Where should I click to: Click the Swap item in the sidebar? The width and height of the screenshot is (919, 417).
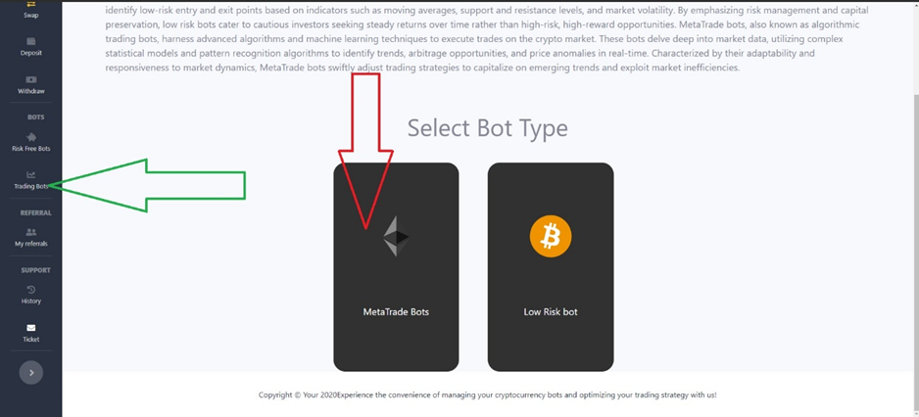click(x=31, y=10)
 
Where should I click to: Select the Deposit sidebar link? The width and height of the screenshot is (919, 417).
click(x=31, y=47)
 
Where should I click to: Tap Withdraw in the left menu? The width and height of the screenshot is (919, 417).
click(x=31, y=85)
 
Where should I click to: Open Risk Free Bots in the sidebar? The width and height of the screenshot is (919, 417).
click(x=31, y=142)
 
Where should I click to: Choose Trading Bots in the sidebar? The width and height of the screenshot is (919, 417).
click(x=31, y=180)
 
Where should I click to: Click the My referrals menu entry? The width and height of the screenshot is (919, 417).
click(x=31, y=237)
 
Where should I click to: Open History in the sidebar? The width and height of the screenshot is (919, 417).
click(x=31, y=295)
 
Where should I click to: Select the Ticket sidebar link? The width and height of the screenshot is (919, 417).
click(x=31, y=333)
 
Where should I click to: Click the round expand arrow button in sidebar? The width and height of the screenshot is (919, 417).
click(x=31, y=373)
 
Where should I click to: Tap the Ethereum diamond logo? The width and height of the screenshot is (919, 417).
click(x=396, y=237)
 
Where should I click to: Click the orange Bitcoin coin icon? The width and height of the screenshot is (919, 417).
click(x=551, y=237)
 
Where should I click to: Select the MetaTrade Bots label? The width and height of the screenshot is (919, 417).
click(x=396, y=312)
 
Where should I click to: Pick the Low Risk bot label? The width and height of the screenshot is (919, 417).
click(x=551, y=312)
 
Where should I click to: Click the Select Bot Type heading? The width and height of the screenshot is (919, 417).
click(x=488, y=128)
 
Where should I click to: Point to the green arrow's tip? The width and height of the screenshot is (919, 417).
click(x=49, y=185)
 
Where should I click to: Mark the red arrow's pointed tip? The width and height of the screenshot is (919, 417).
click(x=365, y=228)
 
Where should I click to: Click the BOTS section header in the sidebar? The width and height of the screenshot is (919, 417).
click(x=35, y=117)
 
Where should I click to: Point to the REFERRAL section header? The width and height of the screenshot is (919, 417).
click(x=35, y=213)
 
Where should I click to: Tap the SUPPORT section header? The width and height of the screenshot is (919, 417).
click(x=35, y=270)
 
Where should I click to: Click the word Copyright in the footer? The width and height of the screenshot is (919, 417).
click(x=275, y=395)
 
